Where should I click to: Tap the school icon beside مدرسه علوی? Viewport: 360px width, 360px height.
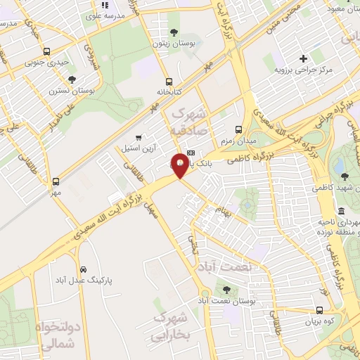click(x=105, y=6)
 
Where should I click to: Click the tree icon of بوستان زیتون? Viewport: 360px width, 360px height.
click(x=174, y=32)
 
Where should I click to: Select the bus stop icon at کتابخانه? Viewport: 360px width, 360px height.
click(x=169, y=81)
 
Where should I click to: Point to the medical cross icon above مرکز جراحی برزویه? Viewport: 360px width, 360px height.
click(x=303, y=58)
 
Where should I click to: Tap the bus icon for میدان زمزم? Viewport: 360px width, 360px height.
click(x=238, y=129)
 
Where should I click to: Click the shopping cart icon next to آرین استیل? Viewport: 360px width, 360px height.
click(x=139, y=136)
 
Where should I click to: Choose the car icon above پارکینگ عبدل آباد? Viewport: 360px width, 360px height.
click(x=84, y=269)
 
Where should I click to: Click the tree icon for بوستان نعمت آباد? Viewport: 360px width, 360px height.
click(x=226, y=288)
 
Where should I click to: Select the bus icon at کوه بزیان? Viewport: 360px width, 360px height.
click(x=320, y=310)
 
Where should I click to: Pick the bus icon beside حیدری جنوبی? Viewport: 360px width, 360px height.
click(x=47, y=51)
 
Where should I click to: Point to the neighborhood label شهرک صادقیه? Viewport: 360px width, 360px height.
click(x=188, y=122)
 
